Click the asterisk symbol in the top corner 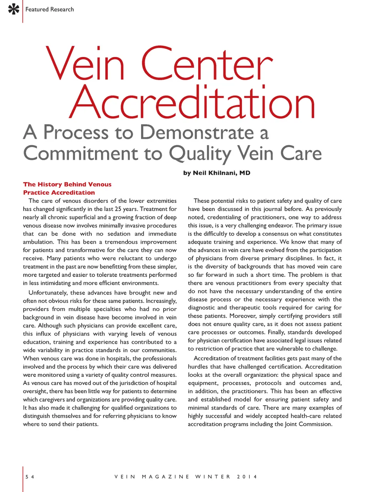pos(13,9)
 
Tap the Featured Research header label pos(49,9)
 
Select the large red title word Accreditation pos(193,102)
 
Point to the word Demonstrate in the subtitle pos(197,132)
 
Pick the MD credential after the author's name pos(245,173)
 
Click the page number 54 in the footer pos(30,477)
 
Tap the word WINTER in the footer pos(212,477)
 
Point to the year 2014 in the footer pos(247,477)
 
